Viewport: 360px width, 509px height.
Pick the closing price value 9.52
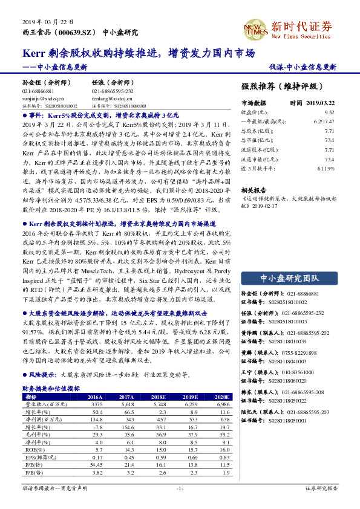329,112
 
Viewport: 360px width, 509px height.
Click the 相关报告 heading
253,189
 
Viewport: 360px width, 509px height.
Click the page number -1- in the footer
180,487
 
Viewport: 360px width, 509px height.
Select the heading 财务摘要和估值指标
51,388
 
